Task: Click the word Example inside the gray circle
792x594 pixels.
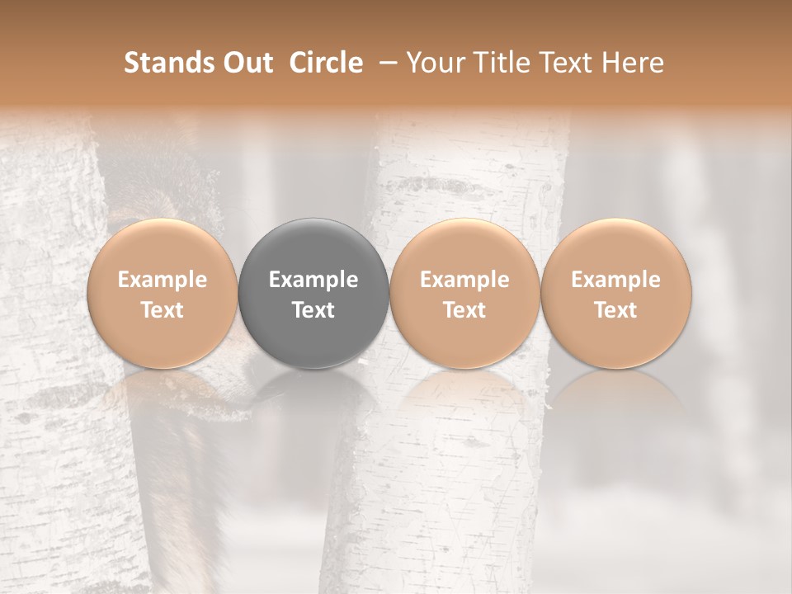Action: click(x=313, y=280)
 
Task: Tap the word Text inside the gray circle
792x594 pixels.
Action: click(x=313, y=310)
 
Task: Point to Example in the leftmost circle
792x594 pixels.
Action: click(x=163, y=280)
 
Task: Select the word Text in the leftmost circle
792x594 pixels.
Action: click(x=163, y=310)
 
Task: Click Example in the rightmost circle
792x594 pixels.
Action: click(x=615, y=280)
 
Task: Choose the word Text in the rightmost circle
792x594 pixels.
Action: click(x=615, y=310)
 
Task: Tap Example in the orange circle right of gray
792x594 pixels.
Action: click(x=464, y=280)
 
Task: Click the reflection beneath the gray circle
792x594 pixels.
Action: click(x=313, y=404)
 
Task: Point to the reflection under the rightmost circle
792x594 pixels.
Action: click(x=615, y=404)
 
